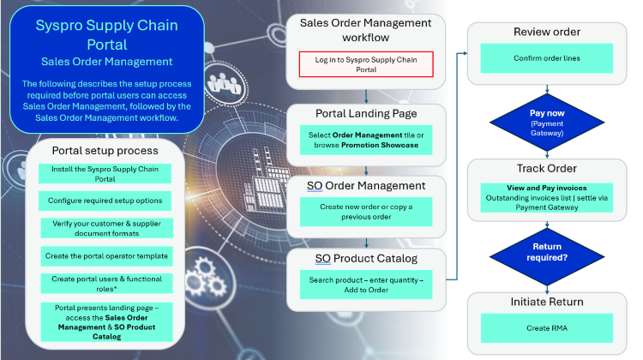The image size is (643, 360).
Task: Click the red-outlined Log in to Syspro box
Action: [366, 64]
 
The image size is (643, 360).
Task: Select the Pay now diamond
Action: [547, 123]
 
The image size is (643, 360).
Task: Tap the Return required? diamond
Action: [547, 256]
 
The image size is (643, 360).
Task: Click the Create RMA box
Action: [547, 328]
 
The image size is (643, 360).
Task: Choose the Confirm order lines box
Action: [547, 58]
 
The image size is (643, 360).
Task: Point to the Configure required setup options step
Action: [105, 201]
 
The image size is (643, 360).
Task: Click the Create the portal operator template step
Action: [106, 256]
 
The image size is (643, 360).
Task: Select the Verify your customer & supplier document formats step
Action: [106, 228]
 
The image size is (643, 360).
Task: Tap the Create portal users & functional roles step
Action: [106, 284]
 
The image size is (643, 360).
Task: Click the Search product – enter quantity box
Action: [366, 285]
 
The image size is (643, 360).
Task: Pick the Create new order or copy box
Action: [366, 212]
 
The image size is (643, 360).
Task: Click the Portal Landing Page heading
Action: [366, 114]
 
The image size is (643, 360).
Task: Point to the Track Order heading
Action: [547, 169]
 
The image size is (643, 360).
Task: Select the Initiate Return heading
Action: [547, 302]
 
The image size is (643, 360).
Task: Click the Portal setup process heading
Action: [105, 151]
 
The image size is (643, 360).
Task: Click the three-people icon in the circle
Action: [224, 83]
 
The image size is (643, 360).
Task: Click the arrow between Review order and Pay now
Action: [547, 89]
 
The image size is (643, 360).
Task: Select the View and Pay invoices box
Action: [547, 198]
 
